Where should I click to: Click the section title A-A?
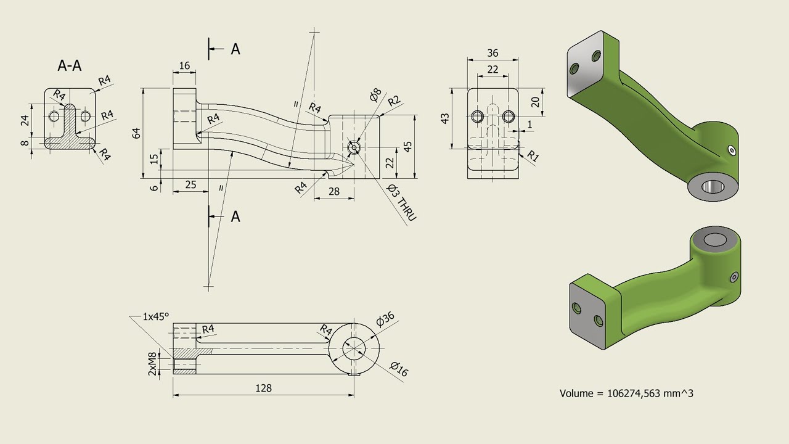pos(70,66)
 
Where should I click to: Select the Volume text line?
pos(626,393)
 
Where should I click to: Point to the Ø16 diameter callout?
pos(399,369)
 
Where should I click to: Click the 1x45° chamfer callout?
pos(155,316)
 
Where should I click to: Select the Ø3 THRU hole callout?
pos(402,202)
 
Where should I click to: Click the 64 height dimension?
pos(137,133)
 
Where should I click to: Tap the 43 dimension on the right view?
pos(446,118)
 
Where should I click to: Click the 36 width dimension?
pos(492,54)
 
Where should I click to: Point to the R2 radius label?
pos(394,101)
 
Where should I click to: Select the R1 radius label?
pos(533,157)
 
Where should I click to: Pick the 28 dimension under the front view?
pos(333,191)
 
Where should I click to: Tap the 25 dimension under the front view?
pos(190,184)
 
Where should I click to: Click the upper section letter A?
pos(235,49)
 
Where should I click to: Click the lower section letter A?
pos(235,216)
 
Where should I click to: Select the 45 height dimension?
pos(407,146)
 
